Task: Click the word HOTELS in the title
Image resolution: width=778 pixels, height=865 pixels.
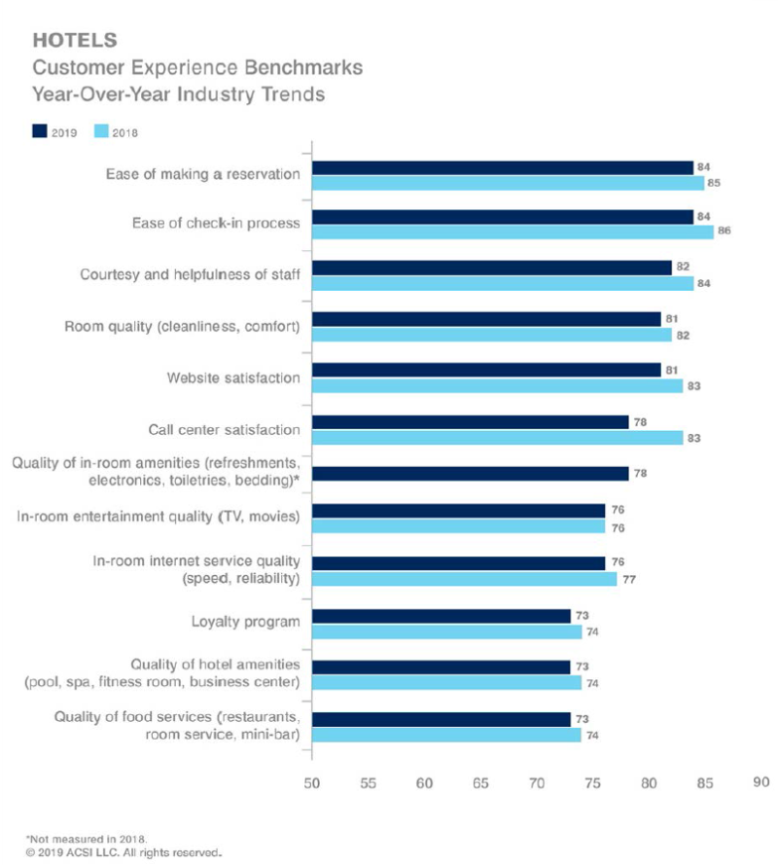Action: tap(75, 41)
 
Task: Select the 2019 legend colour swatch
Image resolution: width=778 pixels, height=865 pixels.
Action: tap(41, 129)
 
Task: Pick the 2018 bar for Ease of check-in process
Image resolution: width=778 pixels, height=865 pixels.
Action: tap(513, 231)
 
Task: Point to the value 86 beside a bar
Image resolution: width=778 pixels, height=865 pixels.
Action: tap(723, 231)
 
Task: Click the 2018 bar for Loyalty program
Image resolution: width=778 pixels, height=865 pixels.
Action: tap(445, 631)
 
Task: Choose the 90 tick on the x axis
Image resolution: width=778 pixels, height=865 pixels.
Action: tap(760, 780)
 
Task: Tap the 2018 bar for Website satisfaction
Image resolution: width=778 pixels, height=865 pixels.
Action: tap(496, 385)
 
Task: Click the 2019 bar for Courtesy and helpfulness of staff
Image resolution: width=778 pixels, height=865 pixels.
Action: tap(491, 267)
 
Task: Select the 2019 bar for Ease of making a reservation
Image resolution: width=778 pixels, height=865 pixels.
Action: tap(502, 167)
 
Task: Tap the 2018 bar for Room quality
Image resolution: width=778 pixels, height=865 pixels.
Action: tap(491, 335)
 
